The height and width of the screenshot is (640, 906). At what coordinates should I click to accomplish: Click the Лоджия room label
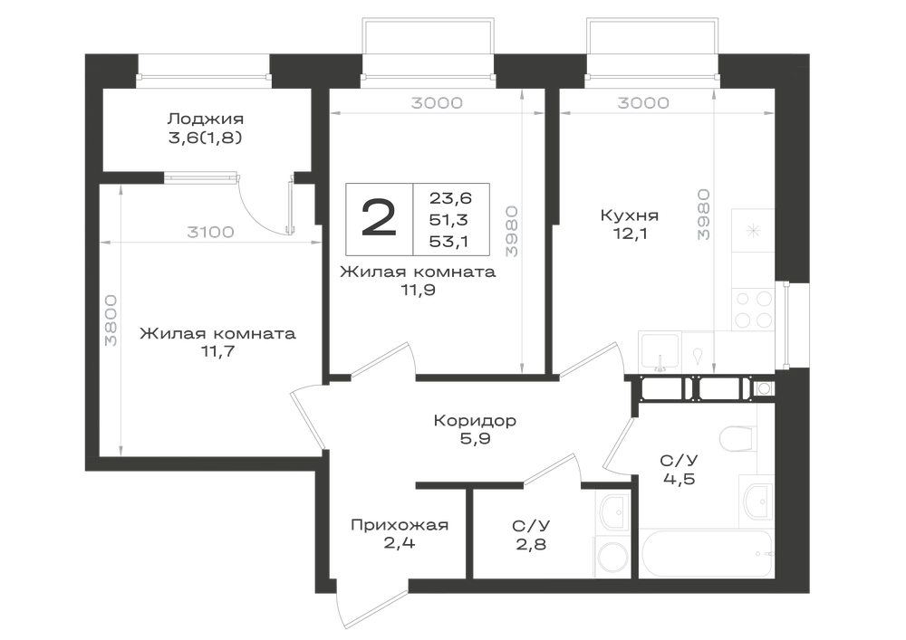(205, 119)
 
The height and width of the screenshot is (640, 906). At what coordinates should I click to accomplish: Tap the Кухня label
(630, 215)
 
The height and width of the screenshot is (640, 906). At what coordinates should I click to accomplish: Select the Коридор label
(475, 420)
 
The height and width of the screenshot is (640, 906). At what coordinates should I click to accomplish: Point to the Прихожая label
(400, 525)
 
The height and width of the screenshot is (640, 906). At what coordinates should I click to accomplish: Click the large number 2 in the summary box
(379, 218)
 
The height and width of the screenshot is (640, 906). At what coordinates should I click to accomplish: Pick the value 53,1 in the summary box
(448, 241)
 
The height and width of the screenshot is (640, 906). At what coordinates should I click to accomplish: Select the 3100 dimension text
(210, 232)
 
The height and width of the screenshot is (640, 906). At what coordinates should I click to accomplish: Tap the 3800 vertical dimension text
(111, 320)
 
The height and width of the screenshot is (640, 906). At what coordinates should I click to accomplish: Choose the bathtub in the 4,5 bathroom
(706, 553)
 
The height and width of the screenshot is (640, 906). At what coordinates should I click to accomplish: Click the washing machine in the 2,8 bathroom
(612, 558)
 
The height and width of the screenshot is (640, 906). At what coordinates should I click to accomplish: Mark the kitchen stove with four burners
(754, 309)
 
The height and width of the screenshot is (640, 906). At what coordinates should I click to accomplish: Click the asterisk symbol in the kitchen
(754, 232)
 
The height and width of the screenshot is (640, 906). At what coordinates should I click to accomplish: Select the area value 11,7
(217, 351)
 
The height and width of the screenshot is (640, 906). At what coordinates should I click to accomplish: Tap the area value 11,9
(418, 290)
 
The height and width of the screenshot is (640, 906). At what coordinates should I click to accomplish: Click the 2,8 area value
(532, 544)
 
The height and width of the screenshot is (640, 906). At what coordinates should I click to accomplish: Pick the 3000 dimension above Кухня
(643, 103)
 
